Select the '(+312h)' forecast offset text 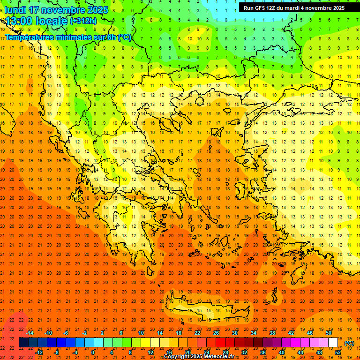[x=83, y=21]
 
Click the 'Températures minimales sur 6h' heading [x=68, y=37]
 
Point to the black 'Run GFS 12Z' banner [x=294, y=7]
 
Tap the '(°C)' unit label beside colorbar [x=349, y=344]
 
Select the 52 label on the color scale [x=338, y=352]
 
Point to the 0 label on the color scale [x=93, y=352]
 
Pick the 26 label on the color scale [x=216, y=333]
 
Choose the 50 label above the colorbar [x=328, y=333]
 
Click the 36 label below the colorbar [x=263, y=352]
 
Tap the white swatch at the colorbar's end [x=333, y=343]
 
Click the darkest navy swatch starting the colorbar [x=24, y=343]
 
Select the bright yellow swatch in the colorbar [x=146, y=343]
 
